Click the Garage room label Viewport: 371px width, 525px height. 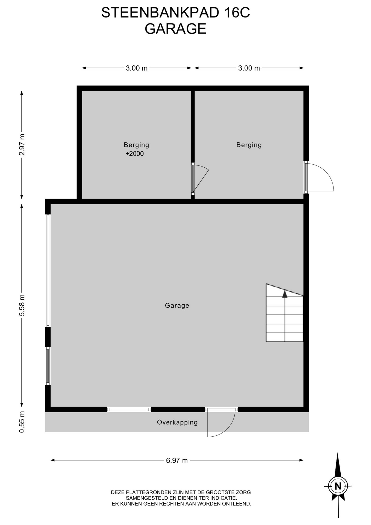tap(177, 305)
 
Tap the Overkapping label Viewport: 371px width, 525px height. tap(177, 422)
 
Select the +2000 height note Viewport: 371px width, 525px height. tap(134, 154)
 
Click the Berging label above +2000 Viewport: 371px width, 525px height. tap(136, 145)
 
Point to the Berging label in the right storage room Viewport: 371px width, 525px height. tap(249, 145)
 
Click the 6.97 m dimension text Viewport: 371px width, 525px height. tap(177, 460)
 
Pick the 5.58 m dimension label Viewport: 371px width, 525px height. tap(22, 305)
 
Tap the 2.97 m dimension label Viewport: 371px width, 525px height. tap(22, 145)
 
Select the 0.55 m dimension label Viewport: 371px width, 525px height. tap(22, 422)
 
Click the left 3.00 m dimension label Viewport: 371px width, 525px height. tap(137, 68)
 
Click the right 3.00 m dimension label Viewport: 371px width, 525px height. tap(249, 68)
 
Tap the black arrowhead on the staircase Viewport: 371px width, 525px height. tap(285, 294)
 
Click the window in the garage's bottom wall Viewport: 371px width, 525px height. tap(129, 409)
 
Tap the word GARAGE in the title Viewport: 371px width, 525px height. tap(175, 29)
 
